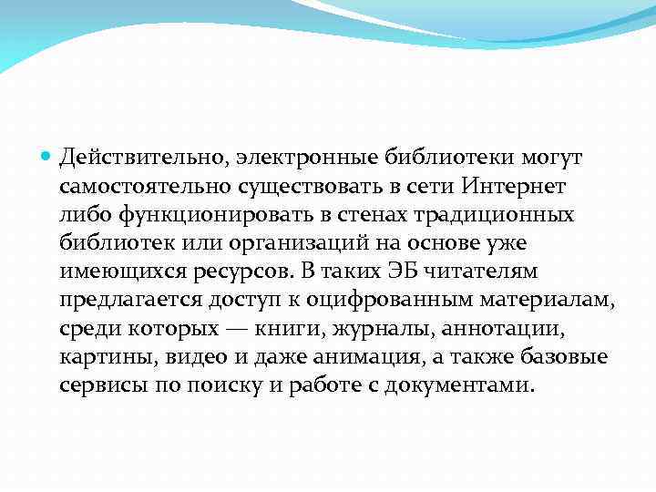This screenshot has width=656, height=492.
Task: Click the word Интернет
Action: tap(514, 187)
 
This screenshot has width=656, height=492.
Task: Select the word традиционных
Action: tap(494, 215)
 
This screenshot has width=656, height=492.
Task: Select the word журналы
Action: tap(373, 328)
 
